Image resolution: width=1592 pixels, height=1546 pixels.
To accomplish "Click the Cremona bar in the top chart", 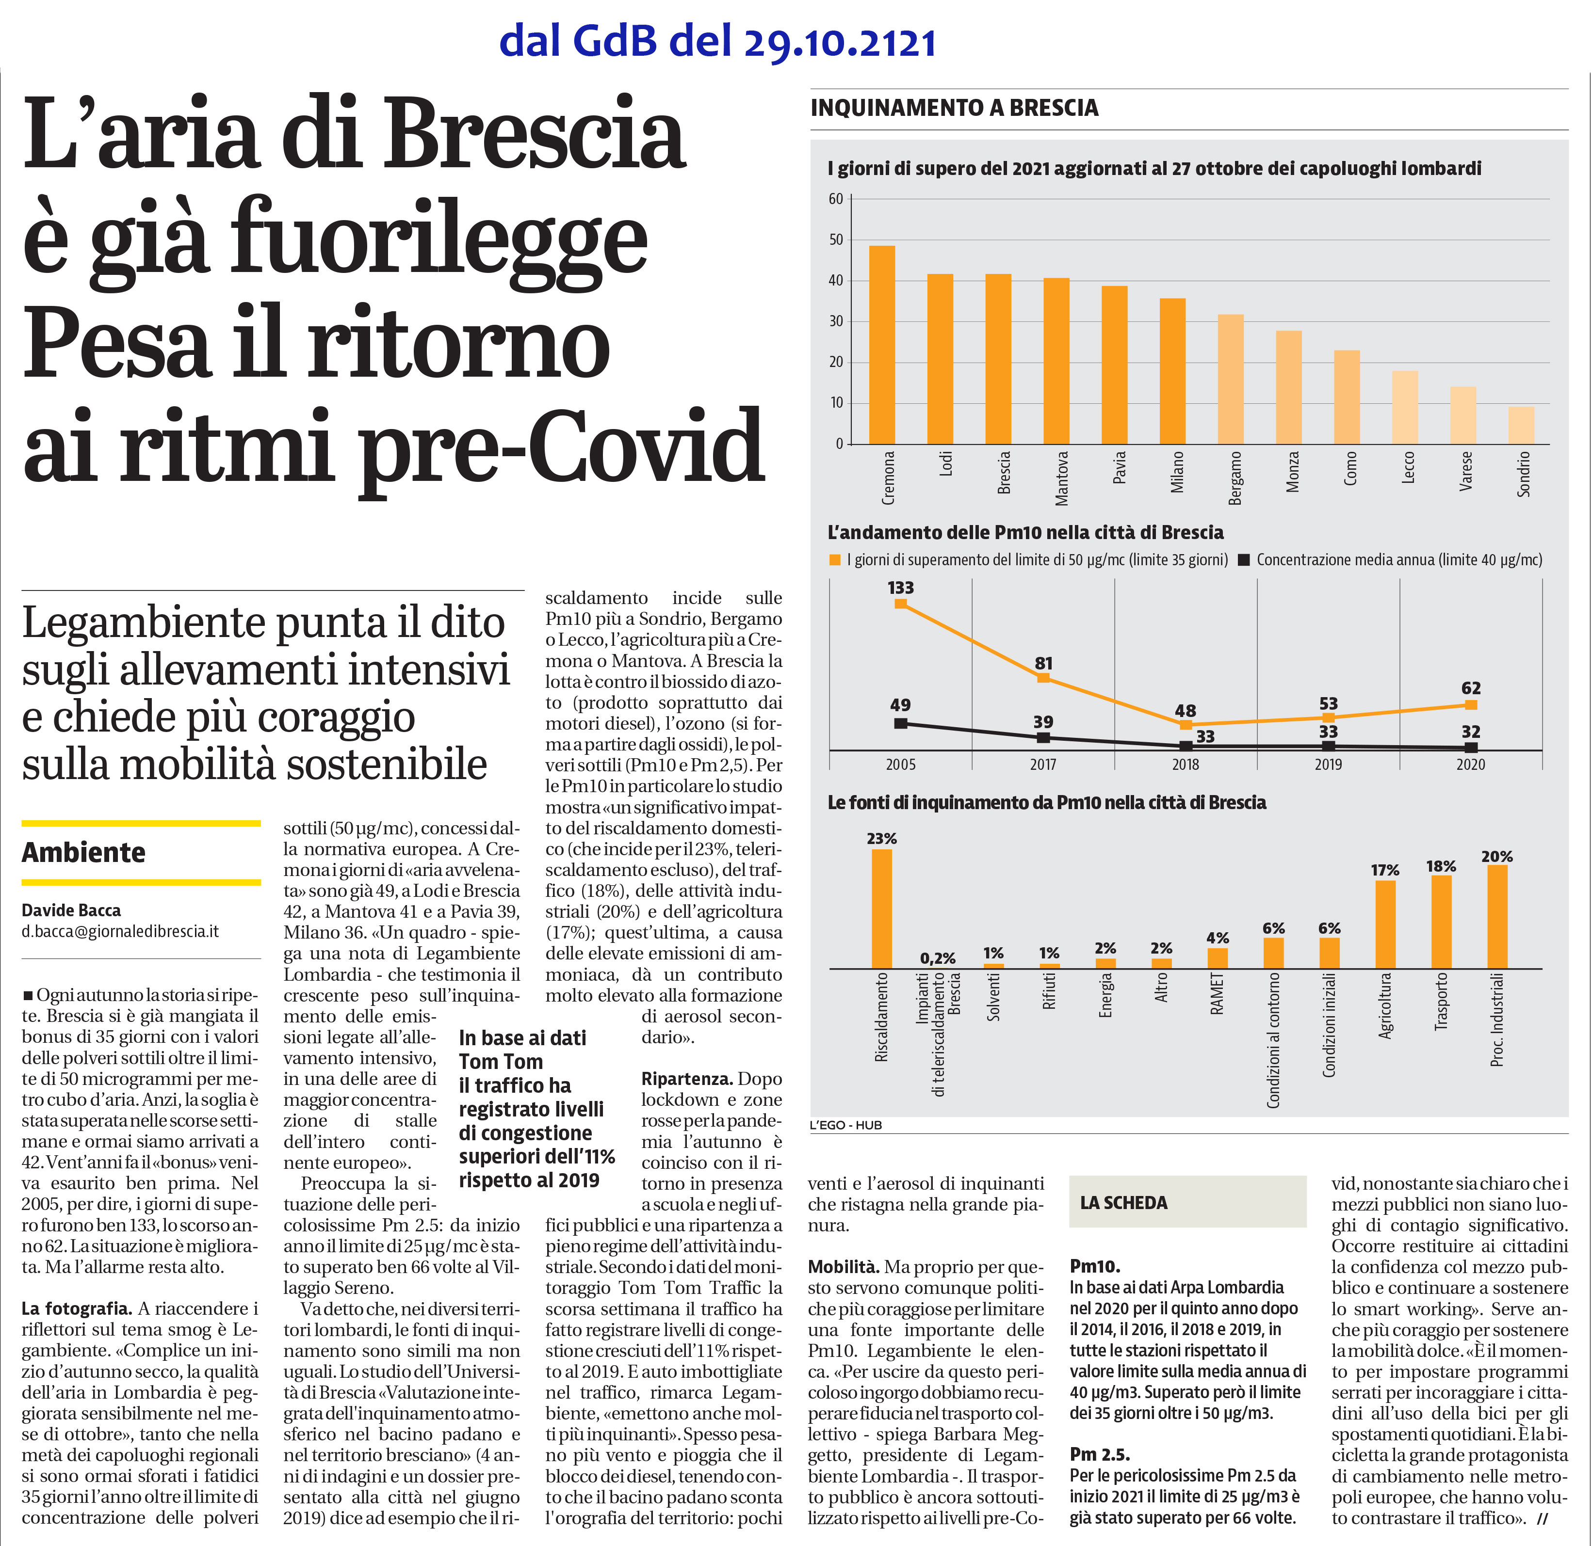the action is click(882, 344).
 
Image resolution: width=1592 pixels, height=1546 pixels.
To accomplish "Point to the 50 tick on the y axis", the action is click(836, 239).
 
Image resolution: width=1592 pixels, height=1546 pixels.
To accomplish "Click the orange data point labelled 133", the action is click(900, 603).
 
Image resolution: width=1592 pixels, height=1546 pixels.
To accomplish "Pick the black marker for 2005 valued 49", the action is click(900, 723).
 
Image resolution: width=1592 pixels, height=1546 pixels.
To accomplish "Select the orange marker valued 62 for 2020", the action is click(1470, 705).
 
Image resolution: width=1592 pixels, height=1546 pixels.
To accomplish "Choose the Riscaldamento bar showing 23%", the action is click(881, 908).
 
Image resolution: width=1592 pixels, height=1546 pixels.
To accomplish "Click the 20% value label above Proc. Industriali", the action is click(1497, 857).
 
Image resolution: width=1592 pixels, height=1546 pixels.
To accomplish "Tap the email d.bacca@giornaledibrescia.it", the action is click(120, 931).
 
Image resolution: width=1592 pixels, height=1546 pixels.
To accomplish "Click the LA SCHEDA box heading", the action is click(1123, 1203).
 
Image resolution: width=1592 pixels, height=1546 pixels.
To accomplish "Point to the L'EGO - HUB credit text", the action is click(845, 1125).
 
